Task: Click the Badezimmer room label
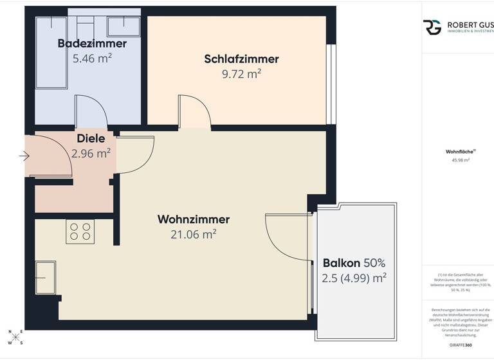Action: pyautogui.click(x=92, y=44)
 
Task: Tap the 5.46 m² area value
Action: pyautogui.click(x=92, y=59)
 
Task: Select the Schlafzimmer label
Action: pyautogui.click(x=241, y=59)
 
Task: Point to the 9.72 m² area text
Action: pyautogui.click(x=241, y=74)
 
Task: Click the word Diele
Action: pyautogui.click(x=91, y=138)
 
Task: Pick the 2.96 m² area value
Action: pyautogui.click(x=91, y=153)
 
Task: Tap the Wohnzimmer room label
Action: pyautogui.click(x=193, y=219)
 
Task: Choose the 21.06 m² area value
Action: pyautogui.click(x=193, y=235)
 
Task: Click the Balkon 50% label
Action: pyautogui.click(x=354, y=262)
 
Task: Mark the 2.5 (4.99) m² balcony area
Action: pyautogui.click(x=354, y=278)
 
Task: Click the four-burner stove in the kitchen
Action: pyautogui.click(x=80, y=231)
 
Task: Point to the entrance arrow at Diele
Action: pyautogui.click(x=24, y=156)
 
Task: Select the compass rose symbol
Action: pyautogui.click(x=15, y=337)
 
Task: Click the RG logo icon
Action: pyautogui.click(x=432, y=27)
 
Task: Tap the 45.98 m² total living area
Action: pyautogui.click(x=461, y=161)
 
